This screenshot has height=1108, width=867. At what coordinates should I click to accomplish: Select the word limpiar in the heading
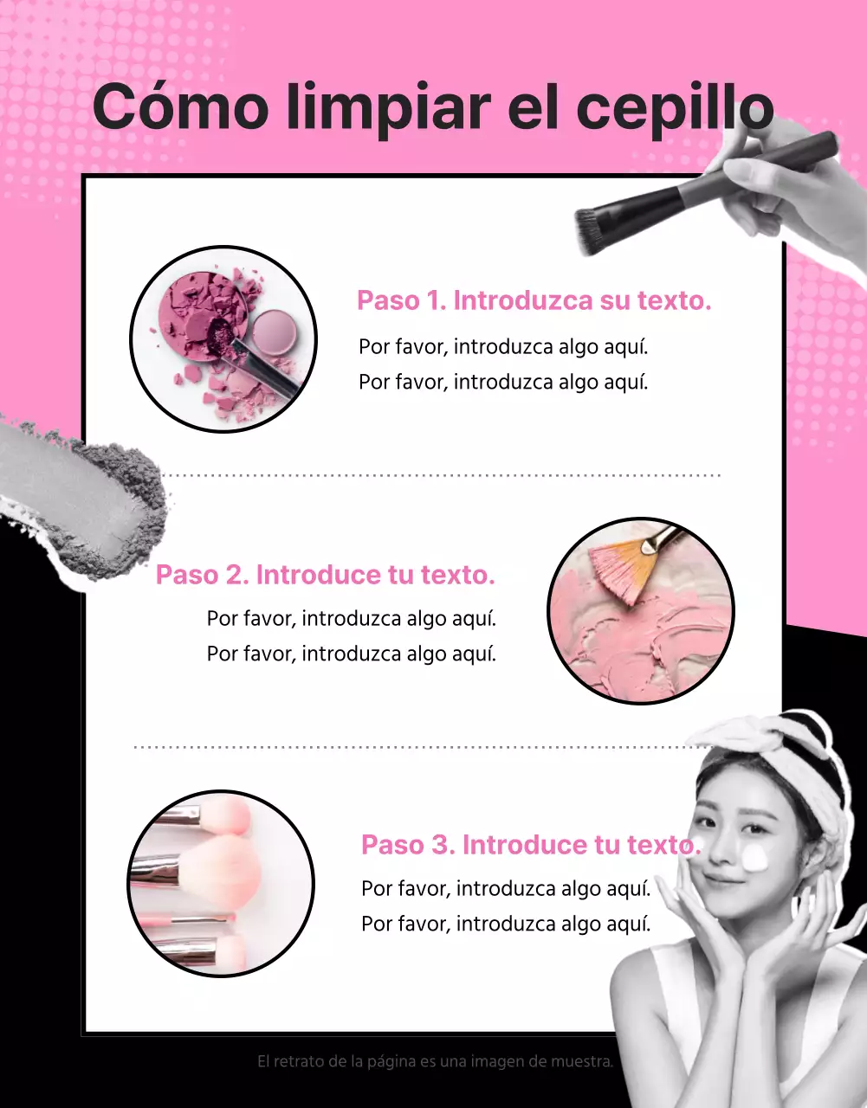[x=389, y=110]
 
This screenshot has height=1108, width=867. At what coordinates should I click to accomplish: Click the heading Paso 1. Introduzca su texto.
[x=534, y=300]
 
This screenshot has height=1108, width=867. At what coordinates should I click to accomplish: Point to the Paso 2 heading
[x=326, y=575]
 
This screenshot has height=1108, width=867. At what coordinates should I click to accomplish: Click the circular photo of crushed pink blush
[x=223, y=339]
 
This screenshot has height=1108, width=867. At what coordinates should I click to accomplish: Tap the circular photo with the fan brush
[x=641, y=611]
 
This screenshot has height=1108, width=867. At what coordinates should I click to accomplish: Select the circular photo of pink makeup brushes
[x=221, y=884]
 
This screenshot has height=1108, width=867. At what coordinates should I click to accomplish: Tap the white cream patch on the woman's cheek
[x=754, y=858]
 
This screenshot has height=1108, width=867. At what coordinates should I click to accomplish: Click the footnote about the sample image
[x=435, y=1061]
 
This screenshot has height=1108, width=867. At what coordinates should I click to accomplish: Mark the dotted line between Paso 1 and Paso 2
[x=441, y=475]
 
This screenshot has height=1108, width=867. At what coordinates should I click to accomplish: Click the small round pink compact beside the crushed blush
[x=274, y=331]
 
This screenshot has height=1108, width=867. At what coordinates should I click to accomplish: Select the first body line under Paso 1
[x=503, y=347]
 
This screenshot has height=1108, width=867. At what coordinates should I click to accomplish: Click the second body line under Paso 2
[x=352, y=654]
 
